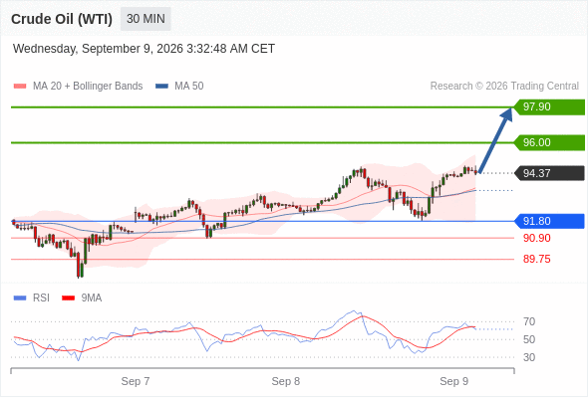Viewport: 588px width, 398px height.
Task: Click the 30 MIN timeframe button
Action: [146, 19]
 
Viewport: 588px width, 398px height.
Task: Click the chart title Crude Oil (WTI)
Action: [62, 19]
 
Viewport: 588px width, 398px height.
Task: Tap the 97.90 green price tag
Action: [549, 107]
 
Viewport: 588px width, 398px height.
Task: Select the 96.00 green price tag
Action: [549, 142]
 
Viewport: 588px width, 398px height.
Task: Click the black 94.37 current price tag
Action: [549, 173]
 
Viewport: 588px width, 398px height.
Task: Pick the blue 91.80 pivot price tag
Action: [549, 221]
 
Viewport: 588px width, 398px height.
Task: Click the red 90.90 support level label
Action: [536, 238]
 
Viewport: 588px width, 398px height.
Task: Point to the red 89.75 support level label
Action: [536, 259]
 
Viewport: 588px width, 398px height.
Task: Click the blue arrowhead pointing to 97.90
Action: [506, 113]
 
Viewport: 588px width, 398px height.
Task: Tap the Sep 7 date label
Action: [136, 381]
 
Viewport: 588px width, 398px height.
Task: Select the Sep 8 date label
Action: [286, 381]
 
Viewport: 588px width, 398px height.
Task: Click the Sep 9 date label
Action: [453, 381]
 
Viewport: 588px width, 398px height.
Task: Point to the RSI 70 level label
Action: [529, 321]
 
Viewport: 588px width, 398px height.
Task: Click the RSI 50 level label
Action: [529, 339]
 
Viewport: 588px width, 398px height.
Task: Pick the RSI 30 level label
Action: [529, 357]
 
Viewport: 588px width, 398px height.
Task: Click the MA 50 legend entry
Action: [179, 87]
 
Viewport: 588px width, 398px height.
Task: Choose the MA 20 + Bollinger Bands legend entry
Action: [78, 87]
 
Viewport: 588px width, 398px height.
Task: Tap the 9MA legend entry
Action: [82, 298]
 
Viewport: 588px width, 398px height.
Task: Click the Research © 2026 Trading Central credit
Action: [504, 87]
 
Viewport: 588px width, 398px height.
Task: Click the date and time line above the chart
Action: [144, 49]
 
